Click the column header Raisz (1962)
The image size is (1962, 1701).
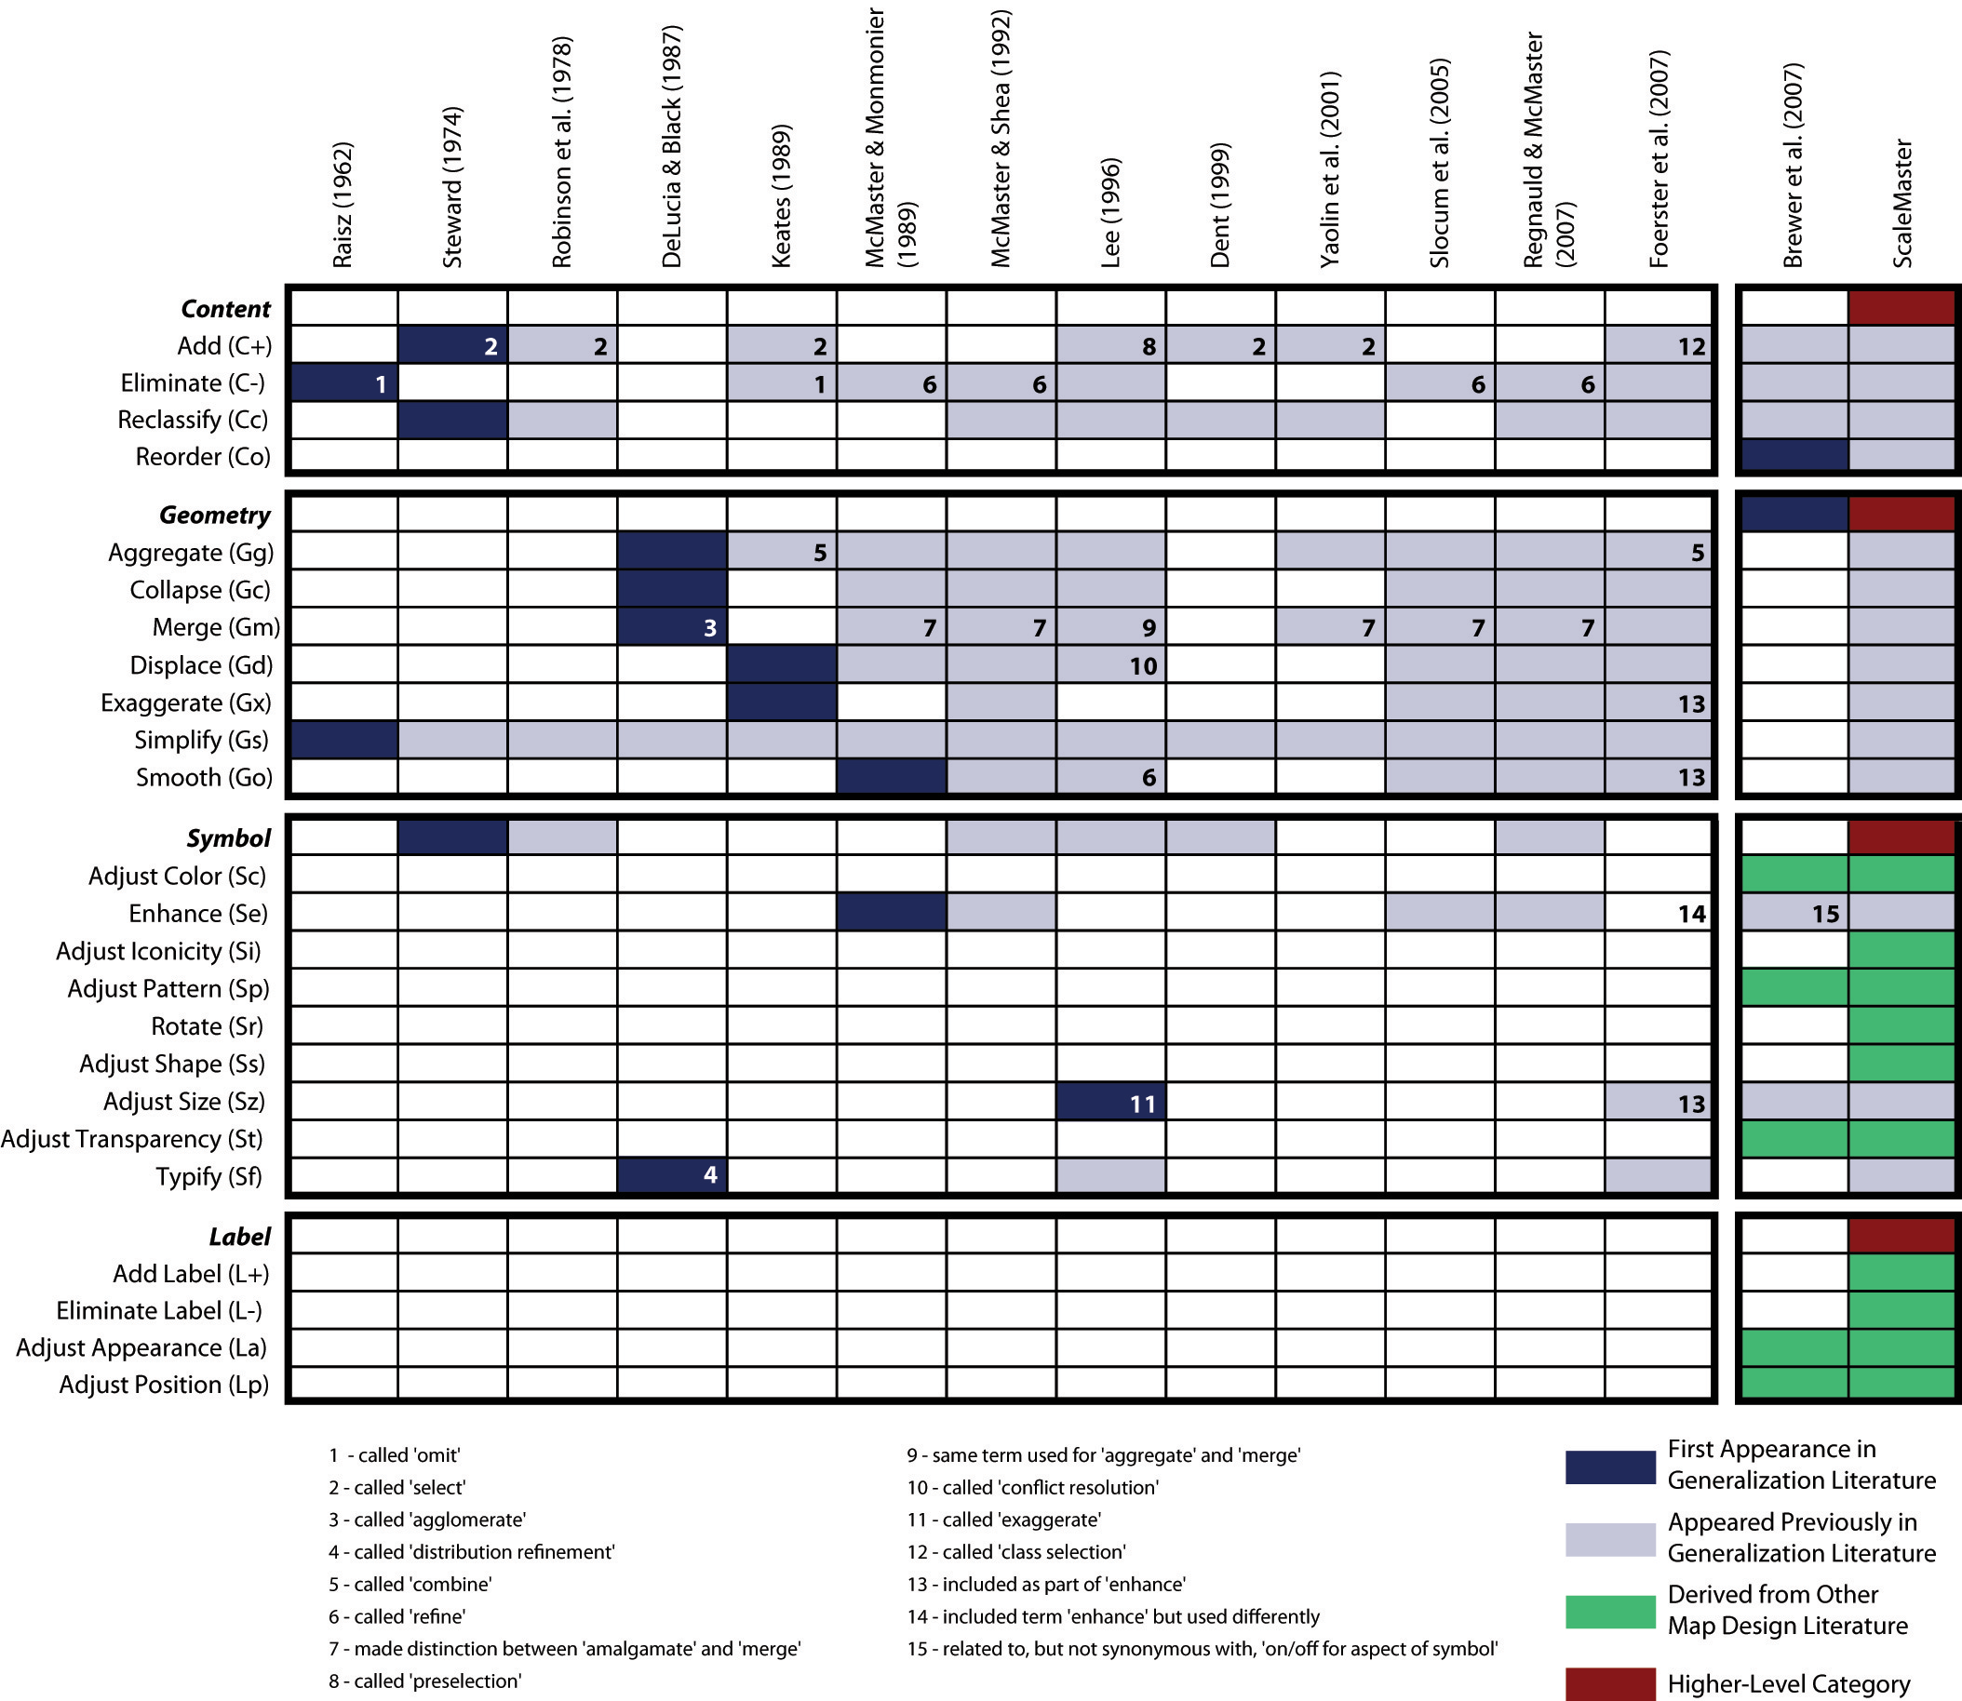click(x=343, y=204)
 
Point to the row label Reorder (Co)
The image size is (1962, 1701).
click(x=203, y=457)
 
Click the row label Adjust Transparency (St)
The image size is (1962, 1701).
click(x=132, y=1138)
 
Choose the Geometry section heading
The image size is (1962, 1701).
click(x=214, y=515)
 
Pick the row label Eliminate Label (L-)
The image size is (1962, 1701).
click(x=159, y=1310)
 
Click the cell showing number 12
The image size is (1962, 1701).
click(x=1660, y=345)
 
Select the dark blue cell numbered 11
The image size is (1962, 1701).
click(x=1110, y=1103)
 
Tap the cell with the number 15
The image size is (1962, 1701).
click(x=1794, y=913)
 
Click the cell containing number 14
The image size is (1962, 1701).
click(x=1660, y=913)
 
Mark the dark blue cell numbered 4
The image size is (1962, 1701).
click(x=672, y=1175)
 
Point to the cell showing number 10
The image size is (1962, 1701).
click(x=1110, y=665)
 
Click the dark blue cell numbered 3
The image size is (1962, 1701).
click(x=672, y=626)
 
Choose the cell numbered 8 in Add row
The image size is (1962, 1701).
click(x=1110, y=345)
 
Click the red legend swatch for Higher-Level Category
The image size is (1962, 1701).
click(x=1610, y=1684)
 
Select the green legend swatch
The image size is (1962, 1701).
click(x=1610, y=1611)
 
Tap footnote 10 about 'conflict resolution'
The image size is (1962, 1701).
click(x=1032, y=1487)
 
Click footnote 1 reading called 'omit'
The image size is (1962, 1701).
click(x=395, y=1455)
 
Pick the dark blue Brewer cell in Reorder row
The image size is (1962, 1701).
click(x=1794, y=456)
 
